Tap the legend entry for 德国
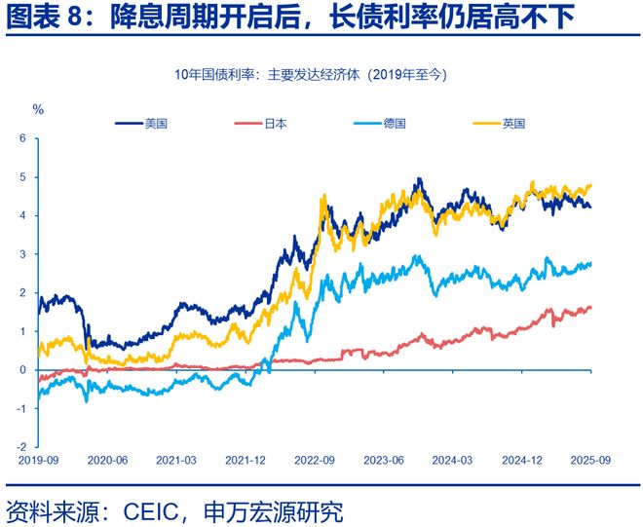(394, 124)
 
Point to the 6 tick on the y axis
(24, 138)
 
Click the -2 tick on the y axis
(22, 446)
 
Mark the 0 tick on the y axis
(24, 369)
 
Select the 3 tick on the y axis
(24, 254)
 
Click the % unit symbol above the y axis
(38, 109)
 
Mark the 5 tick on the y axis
(24, 177)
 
